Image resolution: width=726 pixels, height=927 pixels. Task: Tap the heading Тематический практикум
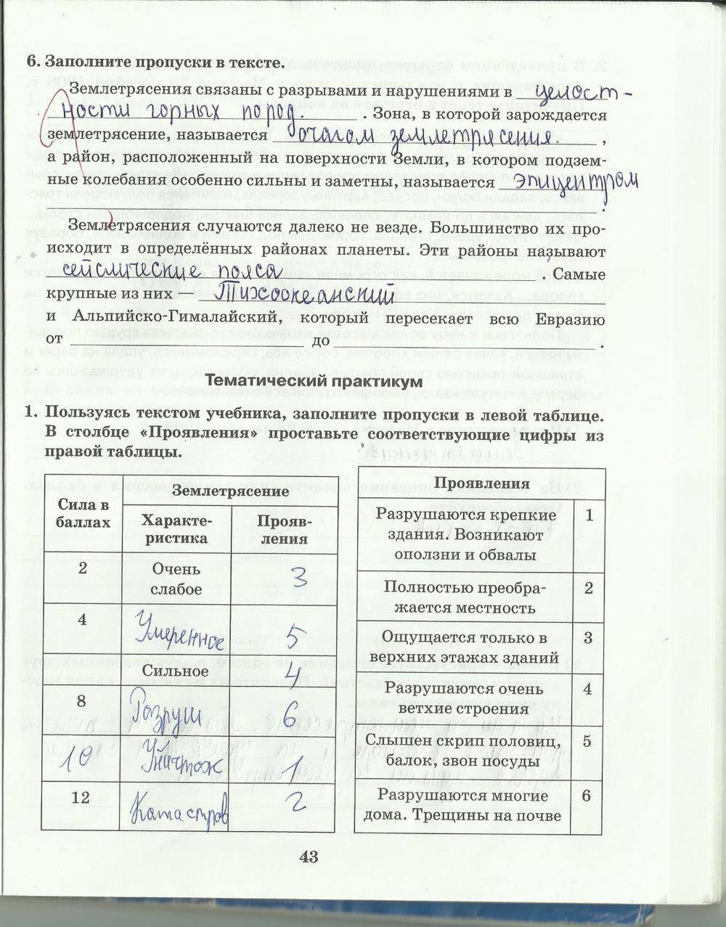[314, 381]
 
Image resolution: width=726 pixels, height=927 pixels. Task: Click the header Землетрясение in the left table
[230, 491]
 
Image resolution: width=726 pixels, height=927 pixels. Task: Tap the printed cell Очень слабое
[176, 579]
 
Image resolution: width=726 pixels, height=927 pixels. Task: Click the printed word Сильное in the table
[176, 671]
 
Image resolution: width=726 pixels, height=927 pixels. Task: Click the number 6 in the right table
[587, 796]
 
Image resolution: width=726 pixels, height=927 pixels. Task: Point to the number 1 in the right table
[588, 515]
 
